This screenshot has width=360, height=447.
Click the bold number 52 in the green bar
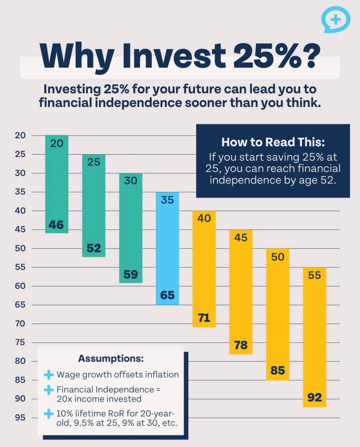pos(94,248)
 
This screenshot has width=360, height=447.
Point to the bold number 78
pos(241,345)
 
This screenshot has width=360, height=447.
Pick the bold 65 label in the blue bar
pos(167,295)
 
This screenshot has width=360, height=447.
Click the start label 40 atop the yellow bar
pos(204,219)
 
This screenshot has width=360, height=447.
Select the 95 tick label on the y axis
pos(20,418)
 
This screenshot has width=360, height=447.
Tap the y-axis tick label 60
pos(20,286)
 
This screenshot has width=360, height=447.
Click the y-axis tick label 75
pos(20,343)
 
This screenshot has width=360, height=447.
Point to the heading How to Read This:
pos(272,142)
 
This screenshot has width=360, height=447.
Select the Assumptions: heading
pos(111,359)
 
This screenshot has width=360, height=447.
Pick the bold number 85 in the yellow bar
pos(278,371)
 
